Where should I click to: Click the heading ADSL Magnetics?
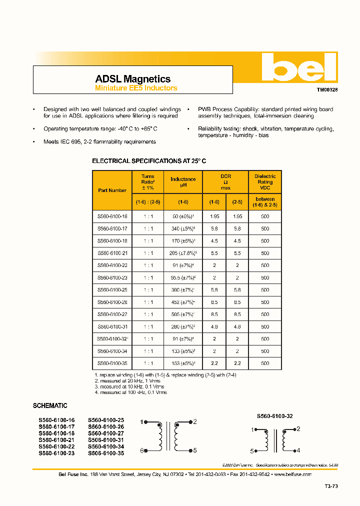tap(132, 79)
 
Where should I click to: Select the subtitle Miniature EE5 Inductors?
tap(136, 88)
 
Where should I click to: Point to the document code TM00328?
tap(327, 90)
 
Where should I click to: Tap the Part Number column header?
tap(112, 190)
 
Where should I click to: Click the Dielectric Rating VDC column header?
tap(265, 182)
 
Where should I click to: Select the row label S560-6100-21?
tap(112, 253)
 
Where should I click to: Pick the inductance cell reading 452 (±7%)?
tap(183, 302)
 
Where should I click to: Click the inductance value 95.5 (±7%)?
tap(183, 278)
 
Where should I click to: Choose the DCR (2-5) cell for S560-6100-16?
tap(237, 217)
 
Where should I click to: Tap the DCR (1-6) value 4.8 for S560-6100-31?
tap(214, 327)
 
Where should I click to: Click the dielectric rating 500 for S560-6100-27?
tap(265, 314)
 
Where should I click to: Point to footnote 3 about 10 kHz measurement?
tap(129, 387)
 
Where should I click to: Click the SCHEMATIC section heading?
tap(50, 406)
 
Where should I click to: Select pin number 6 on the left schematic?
tap(142, 450)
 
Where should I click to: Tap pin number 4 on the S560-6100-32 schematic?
tap(298, 450)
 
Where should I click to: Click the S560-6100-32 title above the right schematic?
tap(274, 416)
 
